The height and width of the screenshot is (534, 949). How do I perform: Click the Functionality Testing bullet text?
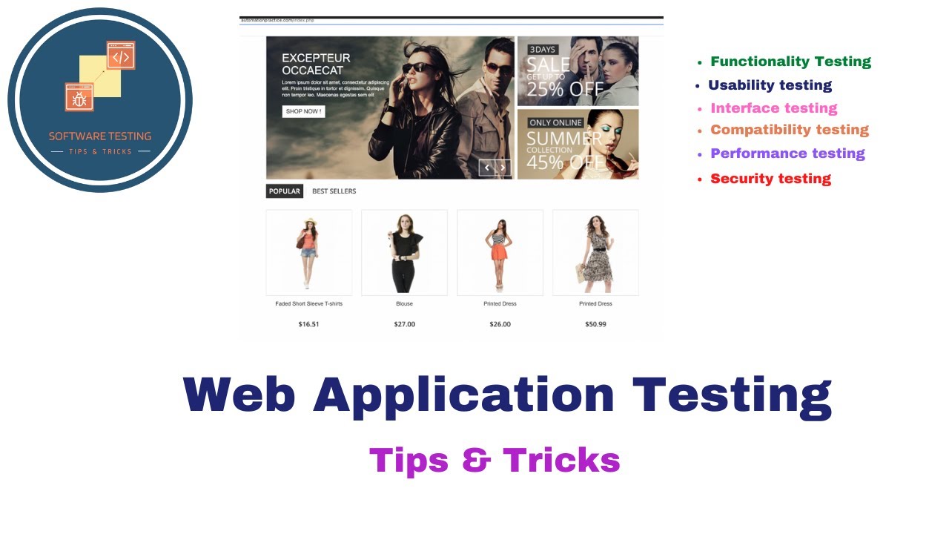click(790, 62)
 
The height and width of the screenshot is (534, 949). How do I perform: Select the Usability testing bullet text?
click(770, 85)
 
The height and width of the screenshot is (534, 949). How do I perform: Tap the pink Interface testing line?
click(773, 108)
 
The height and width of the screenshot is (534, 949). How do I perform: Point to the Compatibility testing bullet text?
click(790, 130)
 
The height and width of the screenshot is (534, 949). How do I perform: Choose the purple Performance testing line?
click(787, 154)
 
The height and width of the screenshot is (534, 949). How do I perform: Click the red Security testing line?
click(770, 179)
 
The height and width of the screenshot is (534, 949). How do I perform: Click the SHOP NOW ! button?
click(303, 111)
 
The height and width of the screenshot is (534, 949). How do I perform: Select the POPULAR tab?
click(284, 191)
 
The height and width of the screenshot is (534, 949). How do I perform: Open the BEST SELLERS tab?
click(334, 191)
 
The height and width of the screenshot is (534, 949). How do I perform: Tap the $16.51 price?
click(308, 324)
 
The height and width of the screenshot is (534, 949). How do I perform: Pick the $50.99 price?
click(595, 324)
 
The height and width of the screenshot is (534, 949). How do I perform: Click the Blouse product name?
click(404, 304)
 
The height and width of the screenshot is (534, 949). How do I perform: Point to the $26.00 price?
click(500, 324)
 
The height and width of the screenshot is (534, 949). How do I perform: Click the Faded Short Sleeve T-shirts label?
click(308, 304)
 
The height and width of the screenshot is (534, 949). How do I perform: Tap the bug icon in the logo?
click(79, 97)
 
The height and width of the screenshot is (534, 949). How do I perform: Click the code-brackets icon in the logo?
click(121, 56)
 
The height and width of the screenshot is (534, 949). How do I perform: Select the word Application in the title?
click(463, 395)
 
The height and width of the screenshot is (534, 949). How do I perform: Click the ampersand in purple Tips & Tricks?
click(475, 460)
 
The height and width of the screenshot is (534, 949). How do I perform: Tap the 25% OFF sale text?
click(565, 88)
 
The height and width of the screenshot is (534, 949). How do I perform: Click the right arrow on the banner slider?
click(503, 168)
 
